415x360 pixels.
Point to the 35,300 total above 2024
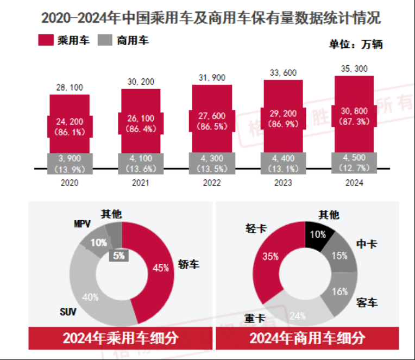[x=354, y=69]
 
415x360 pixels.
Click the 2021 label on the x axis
[x=140, y=183]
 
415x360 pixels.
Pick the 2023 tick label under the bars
[x=284, y=183]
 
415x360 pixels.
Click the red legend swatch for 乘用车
[x=46, y=40]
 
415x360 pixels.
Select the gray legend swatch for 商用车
[x=105, y=40]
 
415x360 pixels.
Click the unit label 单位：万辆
[x=356, y=45]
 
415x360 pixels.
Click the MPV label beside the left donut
[x=81, y=224]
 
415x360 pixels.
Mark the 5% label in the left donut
[x=119, y=253]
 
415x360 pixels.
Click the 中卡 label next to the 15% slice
[x=368, y=244]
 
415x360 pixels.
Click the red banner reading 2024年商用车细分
[x=307, y=338]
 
